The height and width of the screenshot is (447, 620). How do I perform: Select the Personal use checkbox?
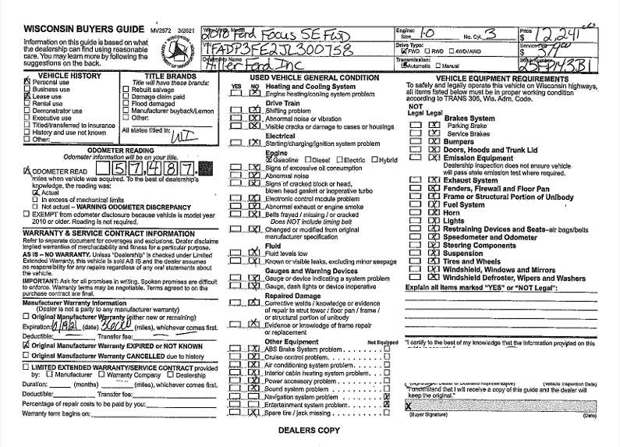[28, 82]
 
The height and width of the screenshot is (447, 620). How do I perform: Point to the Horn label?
[452, 212]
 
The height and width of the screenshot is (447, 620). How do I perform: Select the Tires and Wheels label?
[476, 261]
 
